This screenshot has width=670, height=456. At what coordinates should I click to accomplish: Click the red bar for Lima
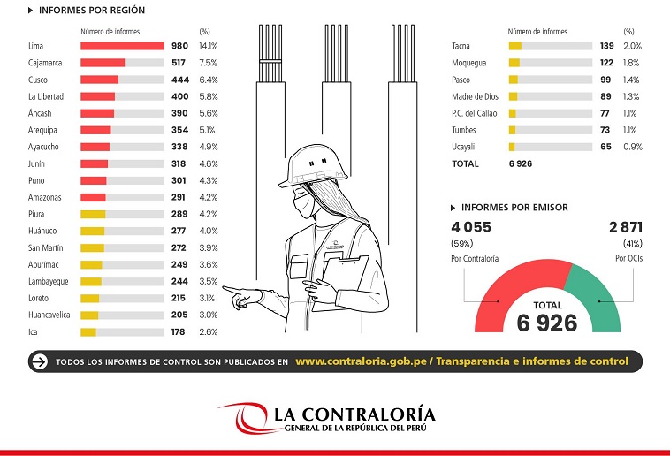(122, 46)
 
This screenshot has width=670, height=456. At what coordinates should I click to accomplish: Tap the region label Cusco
(38, 80)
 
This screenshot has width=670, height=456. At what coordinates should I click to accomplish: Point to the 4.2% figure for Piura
(208, 214)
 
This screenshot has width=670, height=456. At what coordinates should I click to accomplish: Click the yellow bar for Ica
(88, 332)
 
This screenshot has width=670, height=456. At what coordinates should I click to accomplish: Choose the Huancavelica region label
(49, 315)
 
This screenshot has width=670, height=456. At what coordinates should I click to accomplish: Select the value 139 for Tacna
(606, 46)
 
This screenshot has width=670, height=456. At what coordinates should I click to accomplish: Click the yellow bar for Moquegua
(514, 63)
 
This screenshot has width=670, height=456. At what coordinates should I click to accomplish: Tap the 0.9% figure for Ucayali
(633, 147)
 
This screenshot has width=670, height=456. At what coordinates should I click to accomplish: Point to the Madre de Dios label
(475, 96)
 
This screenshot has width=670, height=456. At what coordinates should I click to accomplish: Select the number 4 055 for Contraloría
(470, 227)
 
